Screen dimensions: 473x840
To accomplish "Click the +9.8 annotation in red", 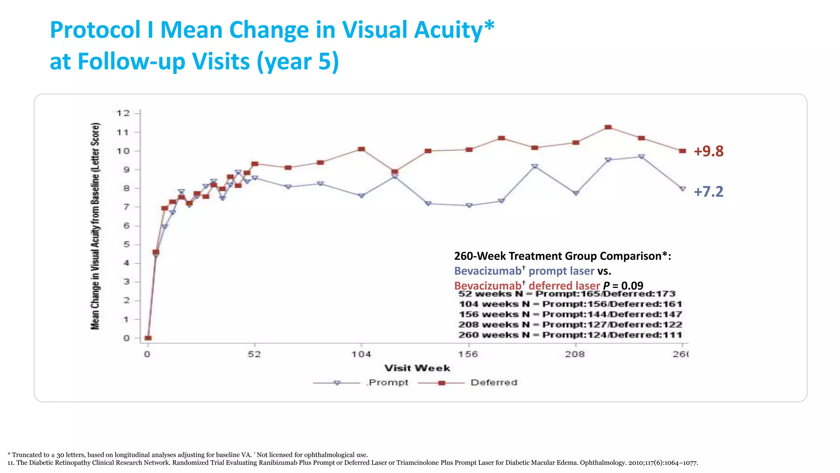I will tap(708, 151).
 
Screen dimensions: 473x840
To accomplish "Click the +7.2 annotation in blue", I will tap(708, 192).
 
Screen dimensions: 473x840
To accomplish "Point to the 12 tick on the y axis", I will tap(123, 113).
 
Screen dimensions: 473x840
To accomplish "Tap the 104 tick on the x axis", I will tap(361, 354).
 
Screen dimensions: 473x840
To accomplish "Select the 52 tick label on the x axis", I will tap(254, 354).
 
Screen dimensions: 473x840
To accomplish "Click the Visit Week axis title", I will tap(417, 368).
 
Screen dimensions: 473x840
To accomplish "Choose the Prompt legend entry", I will tap(388, 383).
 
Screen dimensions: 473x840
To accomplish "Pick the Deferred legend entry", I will tap(494, 383).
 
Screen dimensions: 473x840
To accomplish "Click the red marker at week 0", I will tap(148, 338).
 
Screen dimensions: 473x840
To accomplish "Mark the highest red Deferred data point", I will tap(608, 127).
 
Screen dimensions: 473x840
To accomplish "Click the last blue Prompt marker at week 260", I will tap(682, 189).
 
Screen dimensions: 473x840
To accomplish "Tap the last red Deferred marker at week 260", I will tap(682, 151).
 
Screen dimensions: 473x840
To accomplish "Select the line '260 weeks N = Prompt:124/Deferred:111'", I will tap(570, 335).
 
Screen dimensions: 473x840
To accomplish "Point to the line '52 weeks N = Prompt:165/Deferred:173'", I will tap(567, 294).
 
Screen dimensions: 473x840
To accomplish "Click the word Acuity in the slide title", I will tap(448, 30).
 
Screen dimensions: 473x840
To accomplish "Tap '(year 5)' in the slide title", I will tap(298, 62).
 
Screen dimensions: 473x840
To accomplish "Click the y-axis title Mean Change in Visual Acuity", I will tap(95, 226).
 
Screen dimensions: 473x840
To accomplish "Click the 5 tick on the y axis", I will tap(126, 244).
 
